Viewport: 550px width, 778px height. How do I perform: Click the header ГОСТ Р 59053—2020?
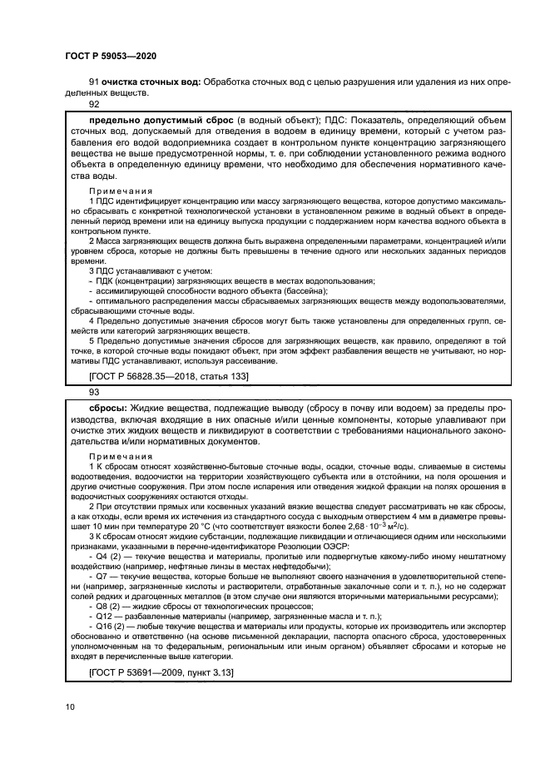pyautogui.click(x=110, y=56)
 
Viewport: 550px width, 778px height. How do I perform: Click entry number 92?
pyautogui.click(x=94, y=105)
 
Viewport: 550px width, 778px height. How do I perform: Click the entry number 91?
pyautogui.click(x=94, y=82)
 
